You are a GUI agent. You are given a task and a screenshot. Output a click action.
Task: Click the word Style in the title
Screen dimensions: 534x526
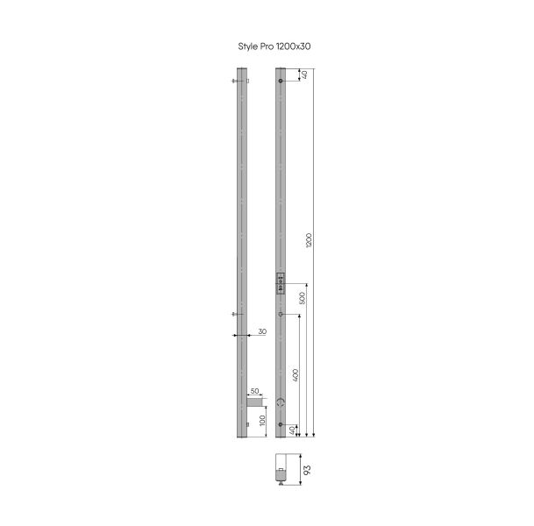(x=248, y=46)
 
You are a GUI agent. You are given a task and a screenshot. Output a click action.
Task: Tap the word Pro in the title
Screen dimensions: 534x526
(x=267, y=46)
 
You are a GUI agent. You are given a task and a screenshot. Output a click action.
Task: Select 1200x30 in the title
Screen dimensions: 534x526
(x=293, y=46)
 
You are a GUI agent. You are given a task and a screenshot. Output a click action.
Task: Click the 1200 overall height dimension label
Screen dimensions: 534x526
(x=309, y=240)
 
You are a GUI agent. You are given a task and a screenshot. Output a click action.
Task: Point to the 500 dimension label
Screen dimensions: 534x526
(x=302, y=298)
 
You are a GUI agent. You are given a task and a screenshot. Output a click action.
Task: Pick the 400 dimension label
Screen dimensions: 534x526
(x=295, y=375)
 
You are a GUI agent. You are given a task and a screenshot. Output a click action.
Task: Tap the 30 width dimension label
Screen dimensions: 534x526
(x=262, y=331)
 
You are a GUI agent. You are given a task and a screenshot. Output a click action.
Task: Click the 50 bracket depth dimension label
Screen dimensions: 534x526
(x=255, y=391)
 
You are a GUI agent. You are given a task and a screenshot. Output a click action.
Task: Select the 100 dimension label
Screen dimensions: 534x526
(x=262, y=421)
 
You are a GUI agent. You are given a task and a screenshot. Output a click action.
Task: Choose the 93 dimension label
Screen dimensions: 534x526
(x=307, y=470)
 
